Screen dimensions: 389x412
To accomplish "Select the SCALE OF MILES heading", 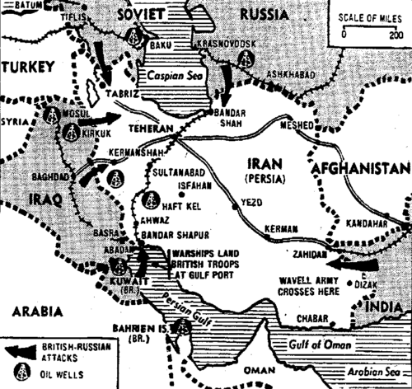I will tap(368, 18).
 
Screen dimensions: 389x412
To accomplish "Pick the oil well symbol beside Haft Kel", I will tap(150, 200).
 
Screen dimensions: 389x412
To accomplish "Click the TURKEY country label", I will tap(31, 67).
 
